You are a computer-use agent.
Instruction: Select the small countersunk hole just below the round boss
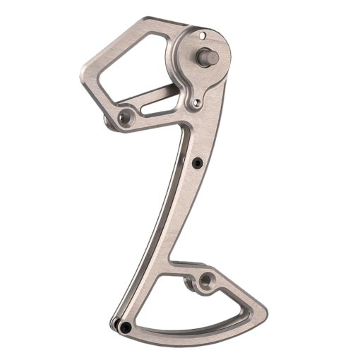tap(197, 103)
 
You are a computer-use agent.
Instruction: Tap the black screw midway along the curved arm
tap(196, 164)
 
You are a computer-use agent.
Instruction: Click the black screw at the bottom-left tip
tap(124, 327)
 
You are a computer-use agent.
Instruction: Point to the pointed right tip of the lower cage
tap(269, 315)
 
